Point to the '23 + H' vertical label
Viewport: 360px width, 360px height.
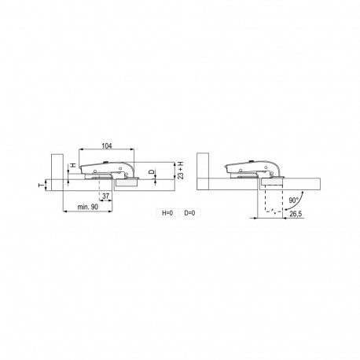pyautogui.click(x=181, y=171)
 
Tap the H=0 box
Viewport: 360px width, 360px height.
pyautogui.click(x=167, y=213)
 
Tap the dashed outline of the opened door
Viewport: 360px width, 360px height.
pyautogui.click(x=273, y=201)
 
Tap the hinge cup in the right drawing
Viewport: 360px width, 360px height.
pyautogui.click(x=272, y=181)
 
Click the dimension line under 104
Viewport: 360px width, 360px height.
pyautogui.click(x=108, y=152)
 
